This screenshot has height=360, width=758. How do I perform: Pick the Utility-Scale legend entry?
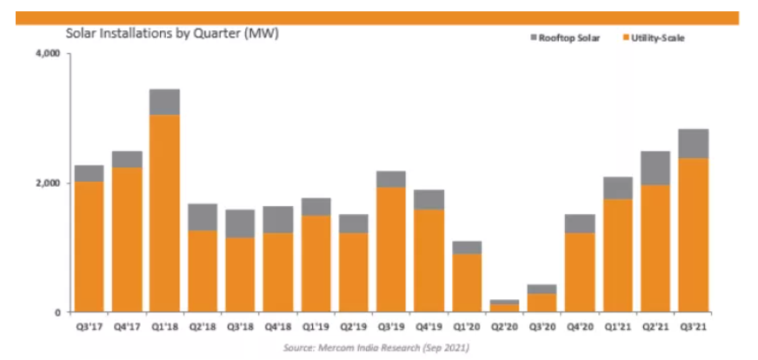[658, 37]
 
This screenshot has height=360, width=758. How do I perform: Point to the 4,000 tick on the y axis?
[46, 54]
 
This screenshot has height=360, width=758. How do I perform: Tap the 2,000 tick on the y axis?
[46, 183]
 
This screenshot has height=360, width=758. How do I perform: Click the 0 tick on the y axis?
[55, 312]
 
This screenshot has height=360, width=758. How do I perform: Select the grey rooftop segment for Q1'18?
[164, 102]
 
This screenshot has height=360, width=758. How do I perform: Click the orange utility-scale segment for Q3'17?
[90, 247]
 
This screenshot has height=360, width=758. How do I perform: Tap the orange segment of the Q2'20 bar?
[504, 308]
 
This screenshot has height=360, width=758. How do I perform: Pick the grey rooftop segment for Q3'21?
[692, 143]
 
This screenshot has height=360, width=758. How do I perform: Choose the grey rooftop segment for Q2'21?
[655, 168]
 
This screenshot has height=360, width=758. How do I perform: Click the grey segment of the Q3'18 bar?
[239, 223]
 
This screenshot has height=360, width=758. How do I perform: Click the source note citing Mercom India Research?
[378, 348]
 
